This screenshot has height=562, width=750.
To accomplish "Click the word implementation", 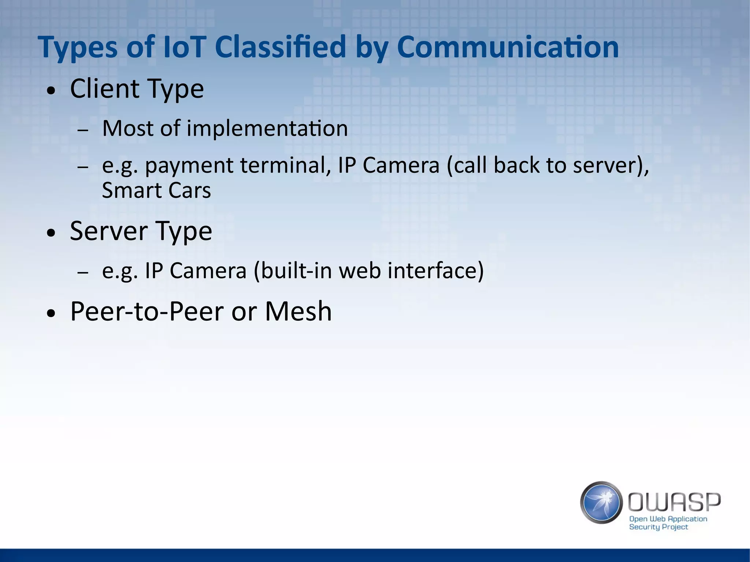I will pos(267,129).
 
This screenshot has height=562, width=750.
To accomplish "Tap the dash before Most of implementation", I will pos(83,130).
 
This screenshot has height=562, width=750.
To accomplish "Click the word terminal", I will pos(283,165).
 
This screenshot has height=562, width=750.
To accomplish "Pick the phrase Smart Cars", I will pos(156,190).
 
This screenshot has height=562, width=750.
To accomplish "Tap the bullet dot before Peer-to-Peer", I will pos(52,313).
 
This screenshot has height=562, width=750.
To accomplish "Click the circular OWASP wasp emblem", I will pos(601,502).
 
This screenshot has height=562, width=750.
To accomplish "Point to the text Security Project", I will pos(658,527).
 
